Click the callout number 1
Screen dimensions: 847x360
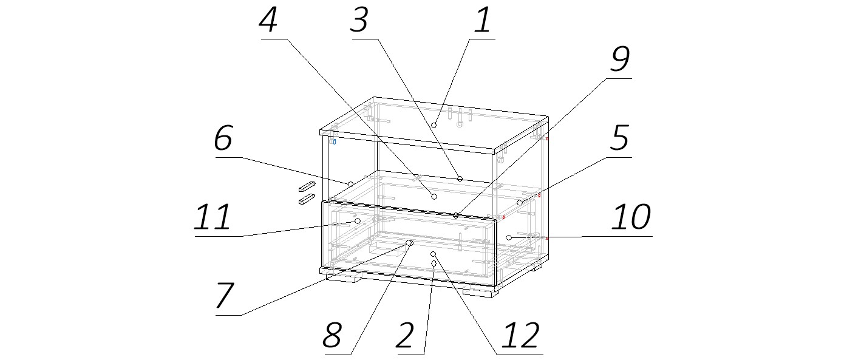coord(483,19)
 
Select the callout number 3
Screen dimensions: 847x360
coord(359,19)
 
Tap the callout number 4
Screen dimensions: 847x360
coord(268,19)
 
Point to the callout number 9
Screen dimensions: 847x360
coord(620,59)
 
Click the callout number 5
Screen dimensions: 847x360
coord(619,137)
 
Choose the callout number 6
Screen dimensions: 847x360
coord(223,137)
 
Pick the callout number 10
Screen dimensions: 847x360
coord(631,216)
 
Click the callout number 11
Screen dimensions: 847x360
coord(212,216)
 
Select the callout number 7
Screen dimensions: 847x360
coord(225,295)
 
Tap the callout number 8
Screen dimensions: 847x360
coord(332,335)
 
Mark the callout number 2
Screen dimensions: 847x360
coord(405,335)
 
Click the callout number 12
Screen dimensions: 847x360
coord(520,335)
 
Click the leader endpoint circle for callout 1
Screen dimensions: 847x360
coord(434,125)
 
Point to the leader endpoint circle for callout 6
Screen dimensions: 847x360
coord(350,184)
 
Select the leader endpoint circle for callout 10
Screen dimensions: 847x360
coord(509,237)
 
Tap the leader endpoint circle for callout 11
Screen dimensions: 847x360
coord(358,220)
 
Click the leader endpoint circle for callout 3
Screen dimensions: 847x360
coord(460,178)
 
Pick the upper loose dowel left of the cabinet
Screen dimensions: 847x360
coord(307,186)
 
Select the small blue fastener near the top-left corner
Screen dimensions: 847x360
coord(335,142)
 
